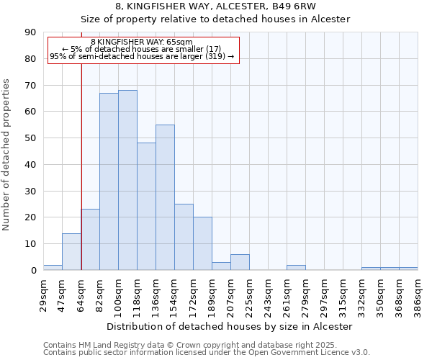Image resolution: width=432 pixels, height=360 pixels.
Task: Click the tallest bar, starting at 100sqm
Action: pyautogui.click(x=127, y=180)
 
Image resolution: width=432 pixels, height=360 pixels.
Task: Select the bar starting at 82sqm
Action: pyautogui.click(x=109, y=181)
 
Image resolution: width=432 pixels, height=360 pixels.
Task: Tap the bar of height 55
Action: pyautogui.click(x=165, y=197)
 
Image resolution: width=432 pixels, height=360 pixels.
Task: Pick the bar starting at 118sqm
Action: pyautogui.click(x=146, y=207)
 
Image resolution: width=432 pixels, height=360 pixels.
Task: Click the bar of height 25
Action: pyautogui.click(x=184, y=237)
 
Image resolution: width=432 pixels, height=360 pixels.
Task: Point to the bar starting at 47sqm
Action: pyautogui.click(x=71, y=251)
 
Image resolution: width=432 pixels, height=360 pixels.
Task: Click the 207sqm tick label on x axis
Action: pyautogui.click(x=231, y=295)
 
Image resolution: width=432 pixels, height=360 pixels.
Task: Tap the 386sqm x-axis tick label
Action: pyautogui.click(x=418, y=295)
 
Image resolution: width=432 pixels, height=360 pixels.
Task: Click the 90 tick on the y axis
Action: pyautogui.click(x=30, y=32)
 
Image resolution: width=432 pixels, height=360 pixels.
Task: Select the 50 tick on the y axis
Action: pyautogui.click(x=30, y=138)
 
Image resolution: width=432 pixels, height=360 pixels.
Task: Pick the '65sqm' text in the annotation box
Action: pyautogui.click(x=179, y=42)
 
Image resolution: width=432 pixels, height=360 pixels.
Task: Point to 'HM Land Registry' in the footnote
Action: pyautogui.click(x=107, y=346)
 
